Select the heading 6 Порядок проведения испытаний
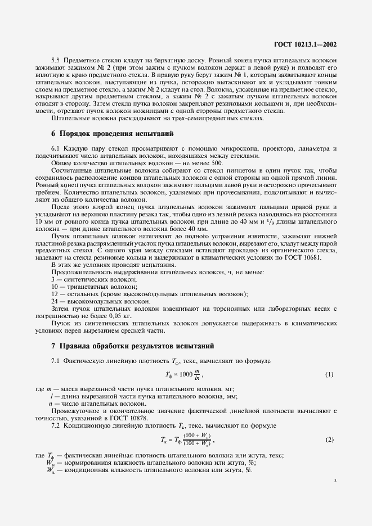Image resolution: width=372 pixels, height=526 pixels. (x=113, y=133)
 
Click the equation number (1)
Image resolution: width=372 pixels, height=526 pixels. (x=329, y=374)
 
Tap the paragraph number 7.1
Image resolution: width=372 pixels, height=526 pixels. (x=56, y=360)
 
